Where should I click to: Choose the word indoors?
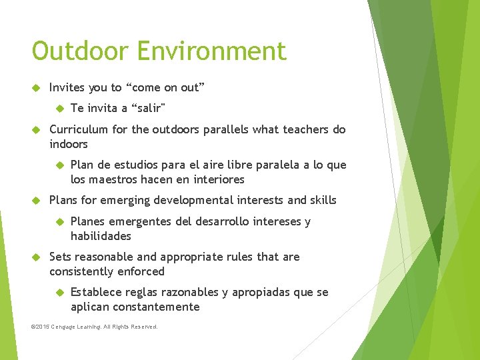(69, 144)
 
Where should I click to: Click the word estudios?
(129, 165)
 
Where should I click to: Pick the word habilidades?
(101, 236)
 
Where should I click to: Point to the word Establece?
(95, 292)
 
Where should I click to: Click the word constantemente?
(157, 307)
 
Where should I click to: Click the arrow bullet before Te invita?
(58, 108)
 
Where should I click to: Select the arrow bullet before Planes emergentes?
(58, 221)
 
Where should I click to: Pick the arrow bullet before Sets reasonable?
(37, 257)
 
